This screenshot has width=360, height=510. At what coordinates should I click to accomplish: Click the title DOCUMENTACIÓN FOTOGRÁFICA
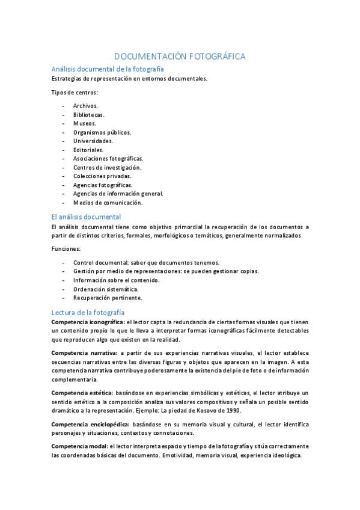(x=180, y=57)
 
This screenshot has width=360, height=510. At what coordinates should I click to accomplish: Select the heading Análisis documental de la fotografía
(x=108, y=69)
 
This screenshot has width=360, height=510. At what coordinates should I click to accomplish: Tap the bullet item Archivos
(x=85, y=106)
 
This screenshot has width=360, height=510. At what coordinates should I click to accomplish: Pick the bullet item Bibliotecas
(x=88, y=114)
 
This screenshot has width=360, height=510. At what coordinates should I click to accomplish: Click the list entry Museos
(x=85, y=123)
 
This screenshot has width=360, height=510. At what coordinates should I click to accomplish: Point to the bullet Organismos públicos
(x=102, y=132)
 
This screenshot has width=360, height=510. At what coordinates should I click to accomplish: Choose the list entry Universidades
(x=93, y=141)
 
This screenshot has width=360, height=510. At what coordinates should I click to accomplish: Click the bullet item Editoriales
(x=88, y=150)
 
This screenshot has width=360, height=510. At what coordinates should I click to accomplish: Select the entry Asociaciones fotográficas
(x=108, y=158)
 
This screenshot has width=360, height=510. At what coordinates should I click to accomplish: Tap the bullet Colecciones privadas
(x=102, y=176)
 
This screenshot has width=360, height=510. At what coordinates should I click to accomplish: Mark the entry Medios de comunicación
(x=108, y=203)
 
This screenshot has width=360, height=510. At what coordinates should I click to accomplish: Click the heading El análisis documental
(x=86, y=217)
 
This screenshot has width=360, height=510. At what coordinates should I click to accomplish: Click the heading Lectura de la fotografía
(x=88, y=312)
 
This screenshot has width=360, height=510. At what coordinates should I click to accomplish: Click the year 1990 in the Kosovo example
(x=232, y=410)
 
